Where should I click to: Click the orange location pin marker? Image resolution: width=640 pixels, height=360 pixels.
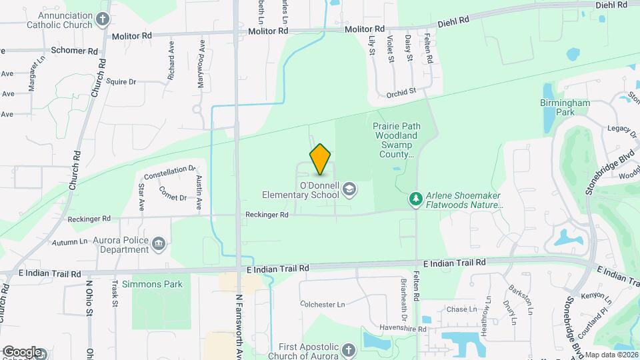pyautogui.click(x=321, y=159)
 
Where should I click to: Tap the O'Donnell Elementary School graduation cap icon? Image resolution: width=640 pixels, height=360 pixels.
pyautogui.click(x=348, y=191)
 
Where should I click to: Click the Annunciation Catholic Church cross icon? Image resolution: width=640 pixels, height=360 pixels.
pyautogui.click(x=102, y=19)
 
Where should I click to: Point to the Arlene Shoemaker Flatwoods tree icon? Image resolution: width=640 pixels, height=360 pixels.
pyautogui.click(x=416, y=199)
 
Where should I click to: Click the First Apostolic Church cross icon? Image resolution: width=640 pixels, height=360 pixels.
pyautogui.click(x=348, y=351)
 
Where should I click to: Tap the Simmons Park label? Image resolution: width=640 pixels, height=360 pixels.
pyautogui.click(x=156, y=284)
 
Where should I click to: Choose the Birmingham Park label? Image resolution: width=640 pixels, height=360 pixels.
pyautogui.click(x=565, y=108)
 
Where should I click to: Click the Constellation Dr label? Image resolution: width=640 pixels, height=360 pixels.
pyautogui.click(x=170, y=171)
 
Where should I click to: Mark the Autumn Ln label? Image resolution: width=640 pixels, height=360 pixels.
pyautogui.click(x=69, y=242)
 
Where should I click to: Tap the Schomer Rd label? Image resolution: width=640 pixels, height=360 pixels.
pyautogui.click(x=78, y=51)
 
